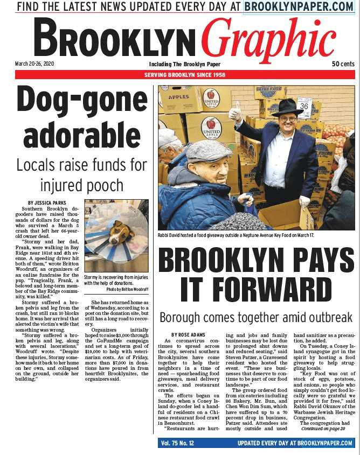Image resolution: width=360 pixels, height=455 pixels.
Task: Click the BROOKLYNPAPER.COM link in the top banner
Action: coord(298,6)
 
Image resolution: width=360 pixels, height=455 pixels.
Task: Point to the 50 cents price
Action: coord(343,64)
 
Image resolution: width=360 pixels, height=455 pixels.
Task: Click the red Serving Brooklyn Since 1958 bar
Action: coord(185,74)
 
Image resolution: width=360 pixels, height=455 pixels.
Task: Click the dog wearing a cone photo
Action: coord(115,235)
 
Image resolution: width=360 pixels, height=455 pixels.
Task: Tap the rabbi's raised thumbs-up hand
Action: coord(235,112)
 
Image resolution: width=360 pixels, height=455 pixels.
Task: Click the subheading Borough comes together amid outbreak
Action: coord(256,317)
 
